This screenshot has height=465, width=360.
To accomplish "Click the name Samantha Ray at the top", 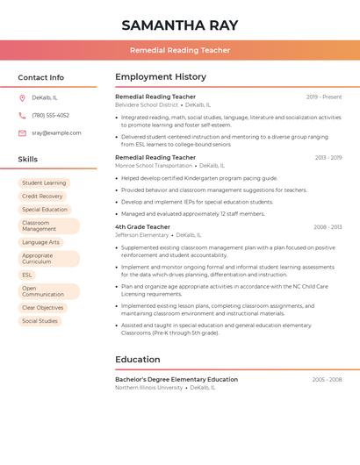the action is (x=180, y=25).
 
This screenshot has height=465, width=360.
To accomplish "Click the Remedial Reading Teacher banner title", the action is (x=180, y=50).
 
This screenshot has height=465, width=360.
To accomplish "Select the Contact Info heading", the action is (x=40, y=77).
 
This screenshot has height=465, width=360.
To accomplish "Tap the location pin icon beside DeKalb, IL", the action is (x=22, y=98).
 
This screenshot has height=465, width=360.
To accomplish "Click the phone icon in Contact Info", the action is (x=22, y=116).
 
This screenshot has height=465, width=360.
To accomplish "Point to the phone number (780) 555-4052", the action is (x=50, y=116).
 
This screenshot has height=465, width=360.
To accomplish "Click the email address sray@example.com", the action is (x=56, y=133).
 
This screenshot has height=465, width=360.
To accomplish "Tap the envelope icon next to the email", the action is (x=22, y=133).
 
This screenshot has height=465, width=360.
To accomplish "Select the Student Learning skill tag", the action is (x=44, y=183).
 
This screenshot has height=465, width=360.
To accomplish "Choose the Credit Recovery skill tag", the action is (x=42, y=197).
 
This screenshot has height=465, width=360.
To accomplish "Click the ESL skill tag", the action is (x=27, y=275).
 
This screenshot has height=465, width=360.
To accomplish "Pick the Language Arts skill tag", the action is (x=40, y=242).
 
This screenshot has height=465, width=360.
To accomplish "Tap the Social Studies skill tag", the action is (x=40, y=321).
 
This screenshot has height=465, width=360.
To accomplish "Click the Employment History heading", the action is (x=161, y=77).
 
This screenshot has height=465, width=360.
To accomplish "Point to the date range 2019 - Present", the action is (x=324, y=97).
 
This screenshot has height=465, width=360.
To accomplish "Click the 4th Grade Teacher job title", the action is (x=143, y=227).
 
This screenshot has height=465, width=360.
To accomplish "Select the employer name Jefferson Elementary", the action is (x=141, y=235).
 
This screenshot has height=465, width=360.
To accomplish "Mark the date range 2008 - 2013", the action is (x=328, y=227).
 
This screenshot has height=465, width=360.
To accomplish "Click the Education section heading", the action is (x=138, y=360).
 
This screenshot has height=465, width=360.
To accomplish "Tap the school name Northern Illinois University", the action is (x=149, y=387).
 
